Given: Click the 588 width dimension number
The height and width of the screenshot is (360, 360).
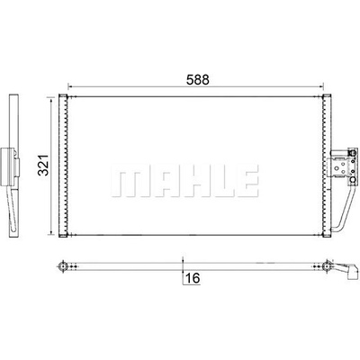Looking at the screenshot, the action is [197, 80].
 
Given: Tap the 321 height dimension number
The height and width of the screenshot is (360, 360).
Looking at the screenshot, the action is [43, 165].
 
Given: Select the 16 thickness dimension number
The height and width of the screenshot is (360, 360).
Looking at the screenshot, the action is [192, 278].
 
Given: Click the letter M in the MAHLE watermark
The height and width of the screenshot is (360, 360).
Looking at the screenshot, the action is [130, 181].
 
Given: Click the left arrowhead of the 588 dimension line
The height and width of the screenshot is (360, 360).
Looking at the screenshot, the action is [70, 87].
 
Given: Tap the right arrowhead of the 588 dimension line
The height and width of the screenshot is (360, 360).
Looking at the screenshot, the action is [321, 87].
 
